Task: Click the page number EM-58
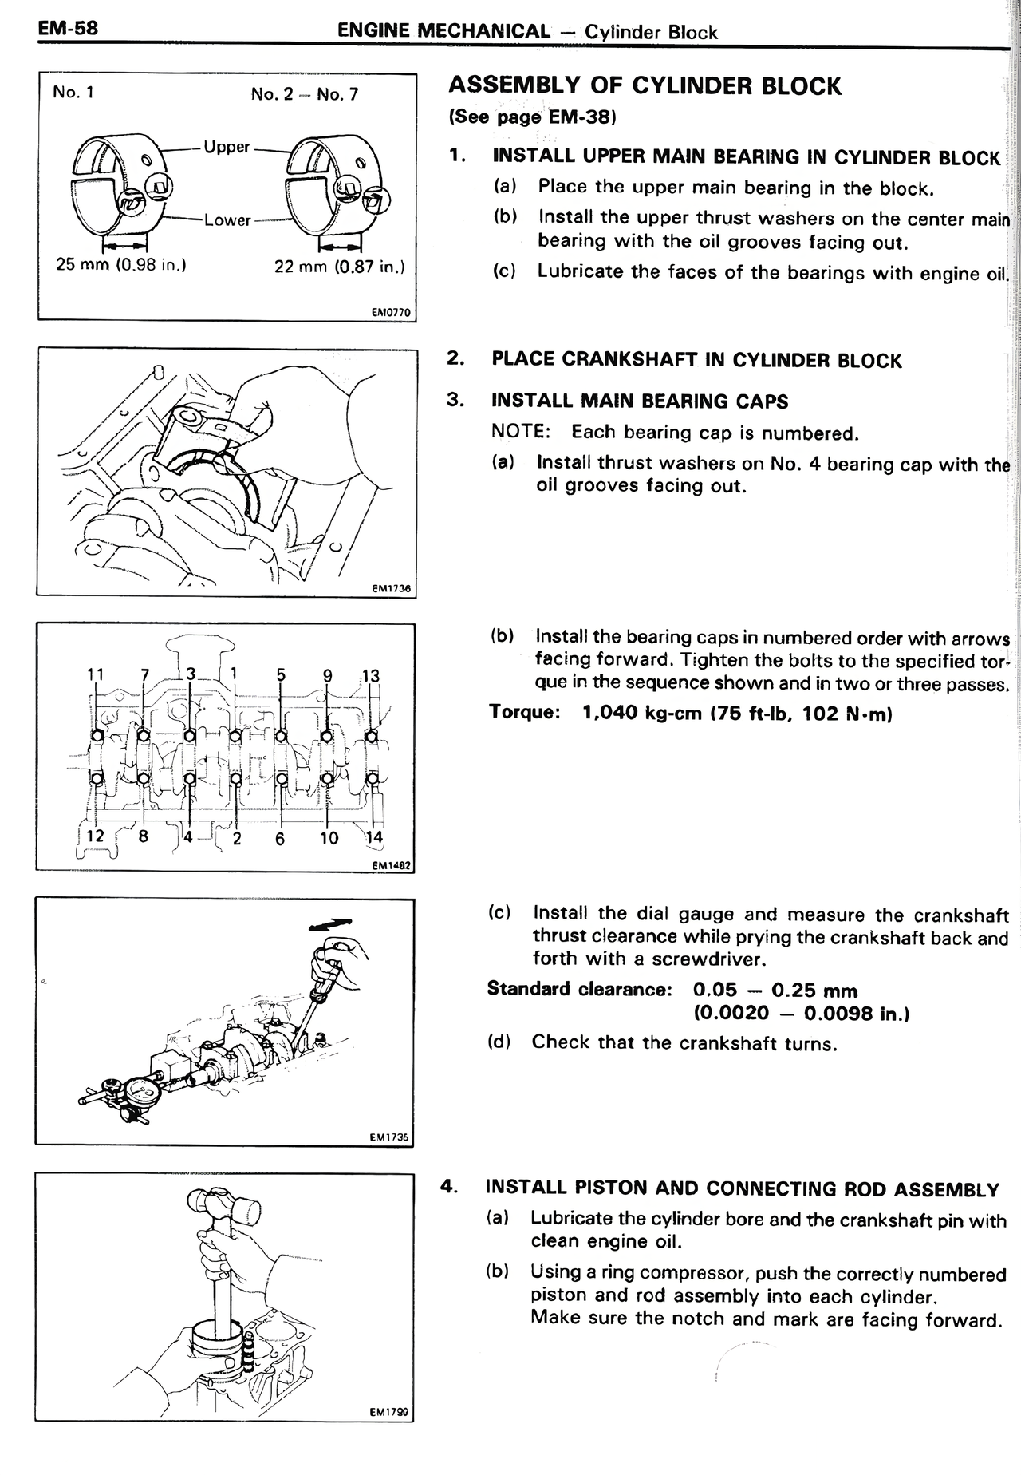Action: pyautogui.click(x=68, y=29)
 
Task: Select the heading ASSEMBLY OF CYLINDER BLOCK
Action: pyautogui.click(x=645, y=86)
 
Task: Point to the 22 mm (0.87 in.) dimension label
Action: pyautogui.click(x=339, y=267)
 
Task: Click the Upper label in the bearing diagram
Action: pyautogui.click(x=227, y=147)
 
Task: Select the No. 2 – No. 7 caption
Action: pyautogui.click(x=305, y=94)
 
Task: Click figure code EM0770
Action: pyautogui.click(x=391, y=313)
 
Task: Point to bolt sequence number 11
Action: pyautogui.click(x=95, y=674)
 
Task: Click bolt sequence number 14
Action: pyautogui.click(x=373, y=837)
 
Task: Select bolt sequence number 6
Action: pyautogui.click(x=279, y=839)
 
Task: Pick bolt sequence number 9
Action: pyautogui.click(x=327, y=675)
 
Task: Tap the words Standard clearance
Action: pyautogui.click(x=579, y=990)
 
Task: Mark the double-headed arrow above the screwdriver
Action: pyautogui.click(x=331, y=923)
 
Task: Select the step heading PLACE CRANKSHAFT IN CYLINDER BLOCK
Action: pyautogui.click(x=696, y=360)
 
